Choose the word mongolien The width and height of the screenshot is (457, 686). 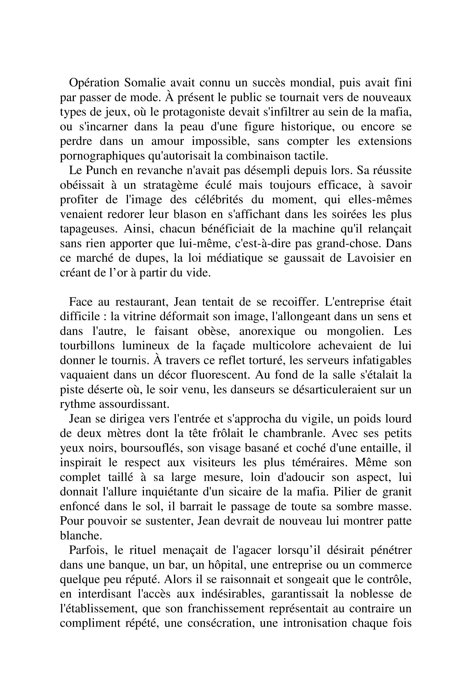coord(356,331)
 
